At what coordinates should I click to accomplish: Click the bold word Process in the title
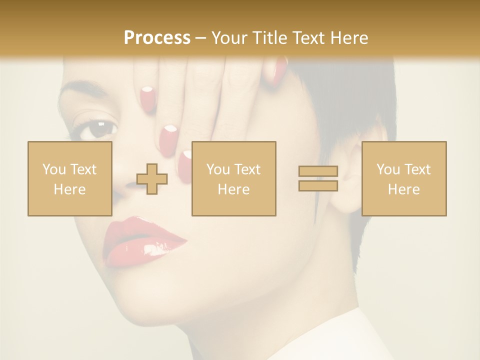157,38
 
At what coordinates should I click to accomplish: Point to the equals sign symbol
318,178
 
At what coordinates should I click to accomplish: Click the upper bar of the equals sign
318,171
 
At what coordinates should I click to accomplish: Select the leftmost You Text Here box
70,179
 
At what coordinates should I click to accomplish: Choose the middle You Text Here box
233,179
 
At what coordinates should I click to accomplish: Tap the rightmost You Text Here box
404,179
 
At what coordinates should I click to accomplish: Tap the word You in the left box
53,169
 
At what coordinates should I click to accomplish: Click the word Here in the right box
404,189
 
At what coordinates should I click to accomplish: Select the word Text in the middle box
246,169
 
